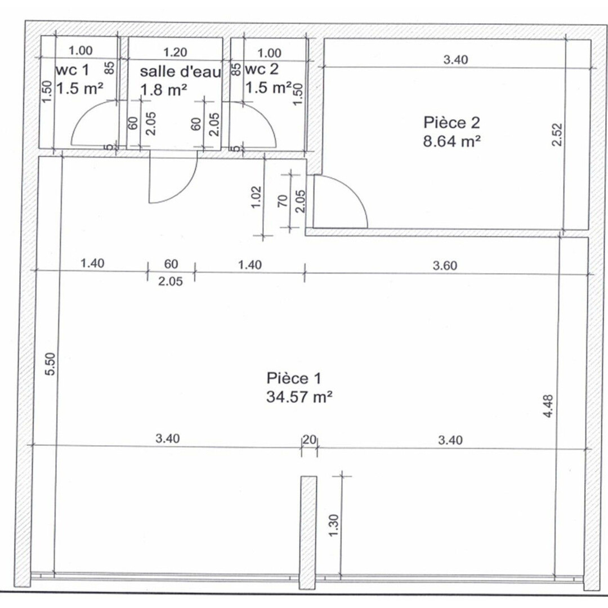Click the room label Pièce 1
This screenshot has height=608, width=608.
tap(293, 378)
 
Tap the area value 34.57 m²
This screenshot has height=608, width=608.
tap(299, 397)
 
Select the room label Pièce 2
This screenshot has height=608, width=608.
tap(451, 123)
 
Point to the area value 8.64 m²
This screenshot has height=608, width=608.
tap(451, 141)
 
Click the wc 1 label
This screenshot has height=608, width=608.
tap(73, 70)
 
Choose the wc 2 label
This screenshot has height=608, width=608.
tap(262, 69)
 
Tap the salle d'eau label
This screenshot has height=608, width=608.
tap(181, 71)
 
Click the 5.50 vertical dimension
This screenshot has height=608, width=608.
tap(51, 364)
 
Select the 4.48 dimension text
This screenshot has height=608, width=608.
tap(549, 406)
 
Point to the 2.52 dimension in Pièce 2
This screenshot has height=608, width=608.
tap(557, 135)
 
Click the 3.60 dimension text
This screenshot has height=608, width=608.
tap(445, 266)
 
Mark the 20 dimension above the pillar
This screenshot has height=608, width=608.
tap(309, 440)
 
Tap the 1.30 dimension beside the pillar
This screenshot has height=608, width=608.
tap(334, 526)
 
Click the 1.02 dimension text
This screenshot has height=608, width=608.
tap(256, 198)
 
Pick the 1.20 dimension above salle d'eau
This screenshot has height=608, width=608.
tap(175, 52)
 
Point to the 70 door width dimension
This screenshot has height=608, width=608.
tap(283, 200)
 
